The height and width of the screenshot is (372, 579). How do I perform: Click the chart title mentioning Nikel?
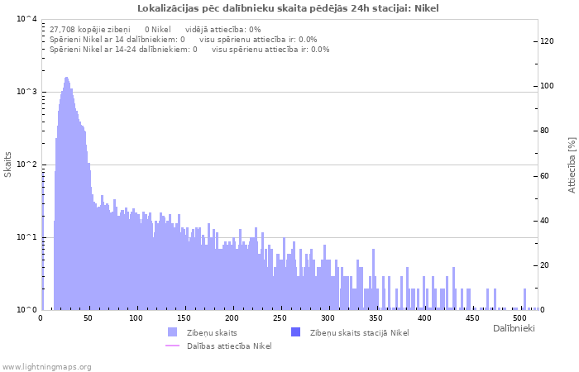click(x=289, y=8)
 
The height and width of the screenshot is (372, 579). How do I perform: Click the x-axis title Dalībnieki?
click(x=514, y=329)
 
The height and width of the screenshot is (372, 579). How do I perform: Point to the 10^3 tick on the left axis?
click(x=26, y=92)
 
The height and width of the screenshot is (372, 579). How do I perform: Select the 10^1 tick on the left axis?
click(x=26, y=237)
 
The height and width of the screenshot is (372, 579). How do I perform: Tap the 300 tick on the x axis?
click(x=328, y=317)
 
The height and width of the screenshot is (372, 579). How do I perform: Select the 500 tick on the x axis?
click(x=519, y=317)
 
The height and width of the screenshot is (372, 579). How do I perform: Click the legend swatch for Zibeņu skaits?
click(x=173, y=332)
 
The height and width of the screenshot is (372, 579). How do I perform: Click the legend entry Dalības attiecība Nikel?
click(x=228, y=346)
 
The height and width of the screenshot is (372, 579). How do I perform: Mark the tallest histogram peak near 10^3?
click(x=66, y=79)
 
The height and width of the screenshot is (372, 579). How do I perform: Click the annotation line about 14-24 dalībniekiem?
click(x=189, y=49)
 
